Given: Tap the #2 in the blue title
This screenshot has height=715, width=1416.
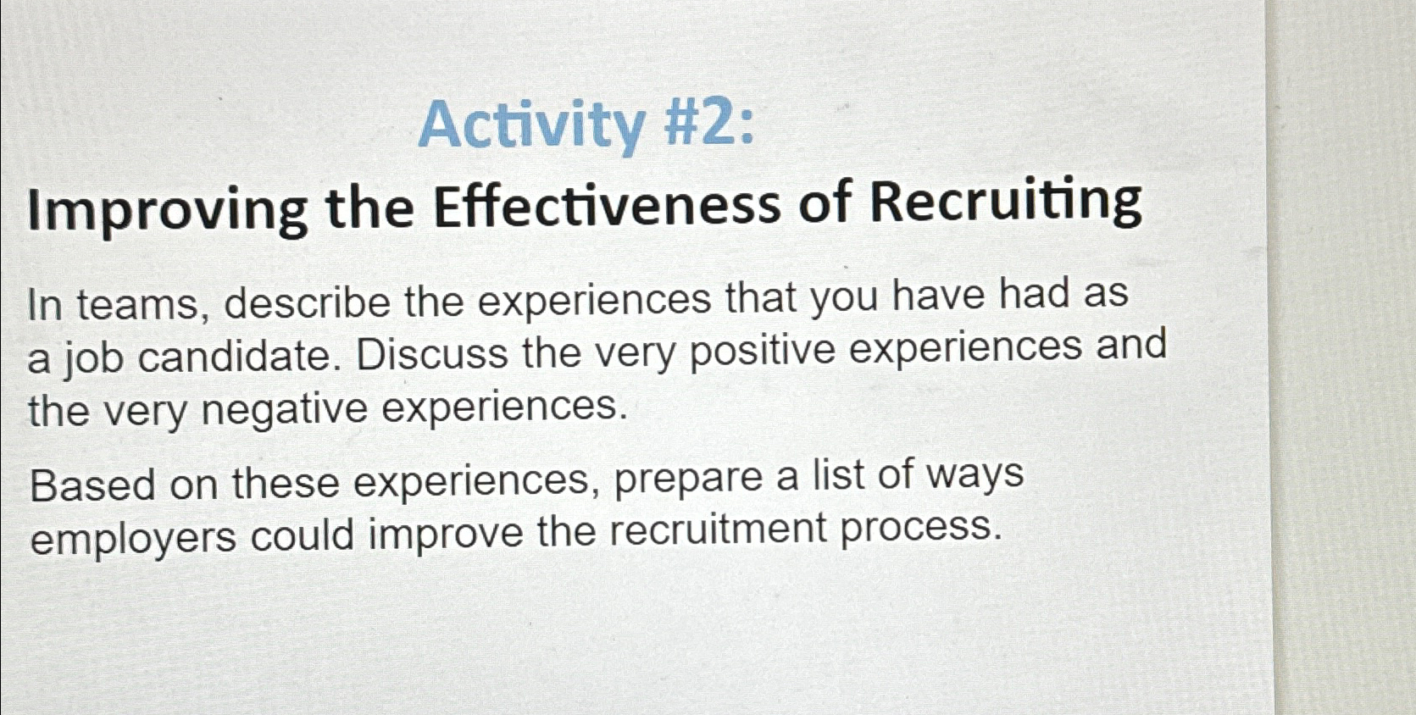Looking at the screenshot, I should [x=699, y=123].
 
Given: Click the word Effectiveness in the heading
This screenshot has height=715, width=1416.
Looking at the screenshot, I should [x=607, y=206].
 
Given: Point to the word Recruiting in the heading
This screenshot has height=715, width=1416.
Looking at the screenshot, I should [x=1006, y=202].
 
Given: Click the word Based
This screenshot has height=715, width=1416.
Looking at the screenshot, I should [x=92, y=485].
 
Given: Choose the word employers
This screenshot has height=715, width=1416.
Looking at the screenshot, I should [x=133, y=538].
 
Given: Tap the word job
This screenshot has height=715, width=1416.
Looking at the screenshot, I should [x=93, y=358].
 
